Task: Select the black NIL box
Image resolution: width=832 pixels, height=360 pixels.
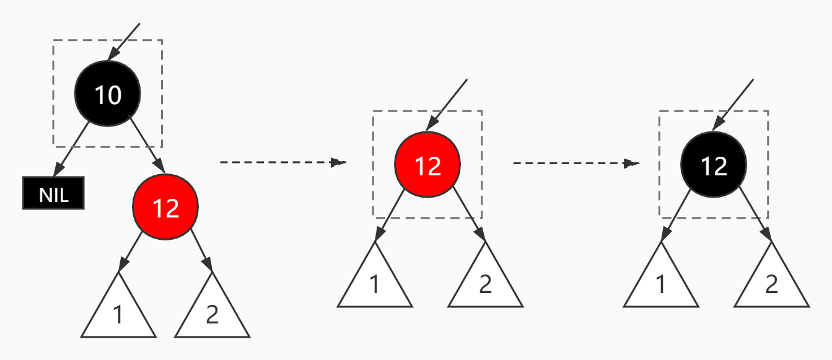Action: click(53, 193)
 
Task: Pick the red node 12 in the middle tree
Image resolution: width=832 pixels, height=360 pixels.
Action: click(427, 165)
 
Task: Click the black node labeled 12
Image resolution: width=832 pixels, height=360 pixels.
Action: click(714, 165)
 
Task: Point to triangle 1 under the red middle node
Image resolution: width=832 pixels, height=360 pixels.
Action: click(375, 282)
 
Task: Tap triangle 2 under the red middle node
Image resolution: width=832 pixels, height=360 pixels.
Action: click(485, 282)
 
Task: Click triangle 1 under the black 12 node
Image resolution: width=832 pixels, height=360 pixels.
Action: click(660, 282)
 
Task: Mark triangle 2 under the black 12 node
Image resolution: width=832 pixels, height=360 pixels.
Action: click(771, 282)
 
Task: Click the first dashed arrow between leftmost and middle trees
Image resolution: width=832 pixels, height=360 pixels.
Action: click(282, 162)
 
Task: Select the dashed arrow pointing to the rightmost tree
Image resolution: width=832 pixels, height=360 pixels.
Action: click(576, 163)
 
